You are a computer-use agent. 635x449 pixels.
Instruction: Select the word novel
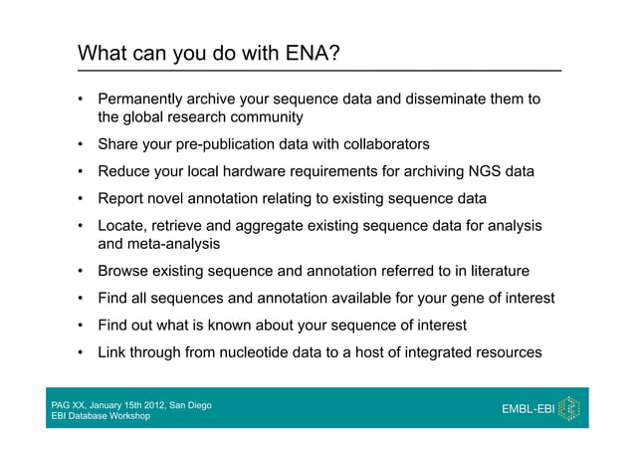[x=169, y=198]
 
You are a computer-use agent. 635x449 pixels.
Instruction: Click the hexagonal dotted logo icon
[x=569, y=409]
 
